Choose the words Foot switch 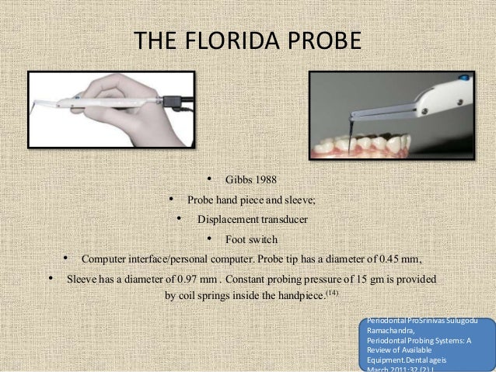coord(250,239)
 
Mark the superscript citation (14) coord(331,293)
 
